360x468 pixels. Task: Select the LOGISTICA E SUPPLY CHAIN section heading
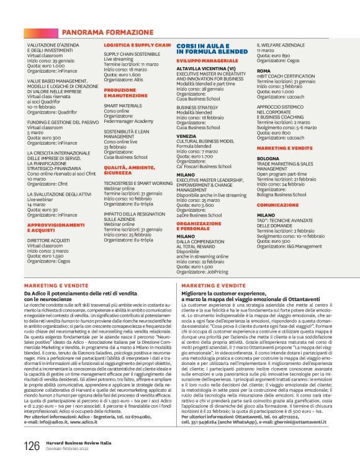point(137,45)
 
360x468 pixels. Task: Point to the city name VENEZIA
point(186,135)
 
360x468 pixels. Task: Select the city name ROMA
point(263,71)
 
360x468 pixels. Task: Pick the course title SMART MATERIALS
point(122,106)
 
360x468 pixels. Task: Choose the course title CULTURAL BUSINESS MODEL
point(205,140)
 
